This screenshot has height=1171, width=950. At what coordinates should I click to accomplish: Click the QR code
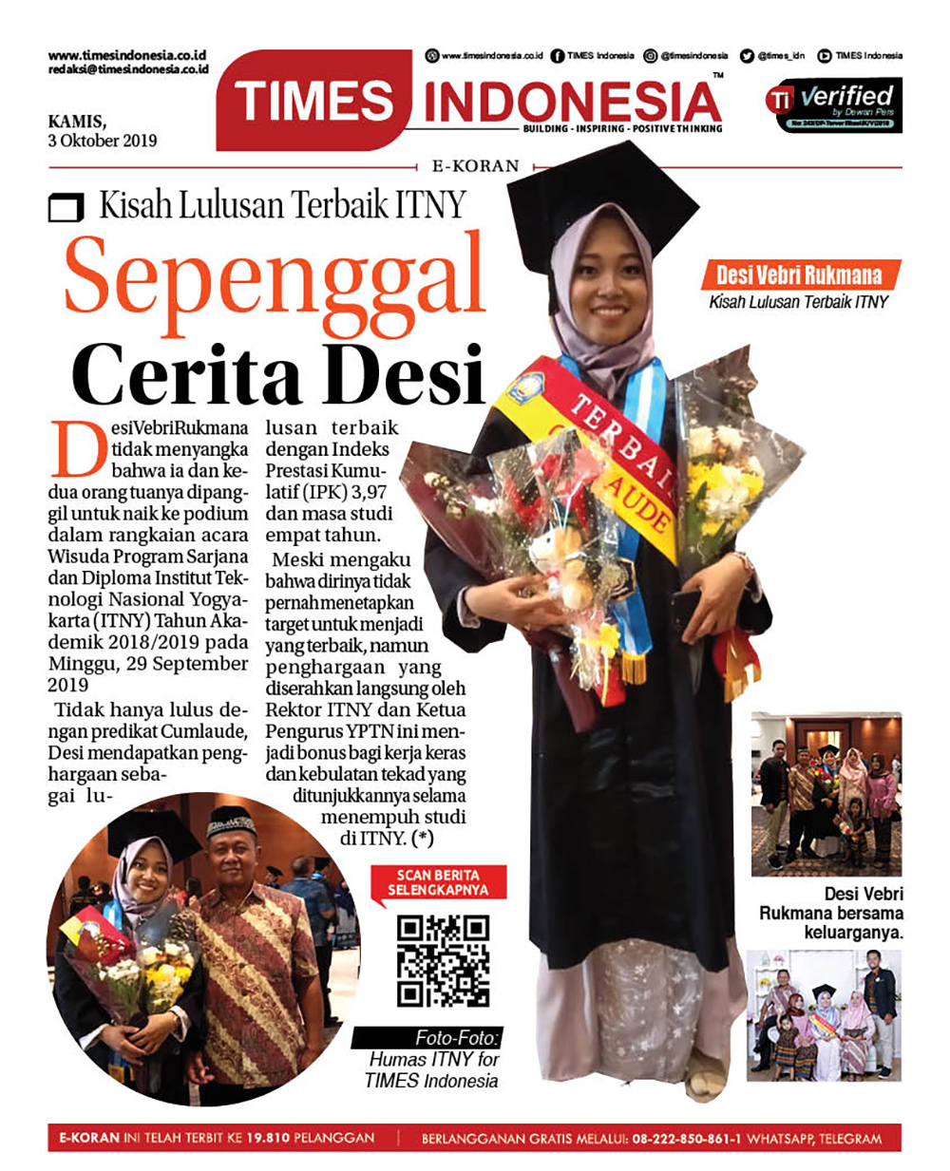(443, 960)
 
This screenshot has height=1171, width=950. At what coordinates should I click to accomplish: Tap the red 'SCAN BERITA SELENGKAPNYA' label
(438, 882)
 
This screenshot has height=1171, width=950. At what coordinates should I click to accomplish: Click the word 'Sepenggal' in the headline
(275, 275)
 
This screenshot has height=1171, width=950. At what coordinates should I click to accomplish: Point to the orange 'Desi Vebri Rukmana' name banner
(799, 275)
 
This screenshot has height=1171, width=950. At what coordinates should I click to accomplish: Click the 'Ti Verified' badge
(833, 105)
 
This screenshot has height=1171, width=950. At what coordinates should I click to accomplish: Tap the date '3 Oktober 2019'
(103, 141)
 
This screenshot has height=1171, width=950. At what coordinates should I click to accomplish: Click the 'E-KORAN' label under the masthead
(476, 165)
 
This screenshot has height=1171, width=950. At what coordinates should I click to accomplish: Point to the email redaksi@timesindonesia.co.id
(128, 70)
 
